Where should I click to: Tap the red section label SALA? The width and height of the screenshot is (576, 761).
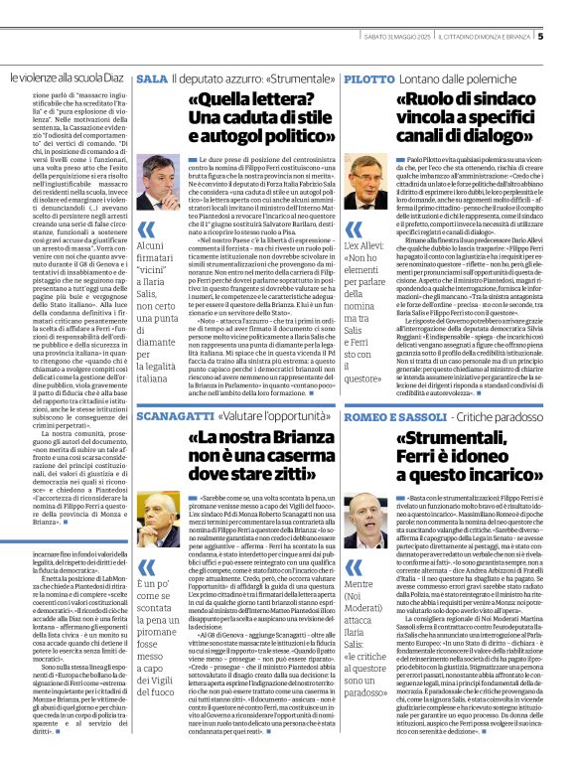pyautogui.click(x=152, y=77)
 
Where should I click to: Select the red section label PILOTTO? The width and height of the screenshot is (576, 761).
pyautogui.click(x=369, y=77)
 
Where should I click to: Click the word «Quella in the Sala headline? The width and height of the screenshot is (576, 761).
pyautogui.click(x=223, y=100)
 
